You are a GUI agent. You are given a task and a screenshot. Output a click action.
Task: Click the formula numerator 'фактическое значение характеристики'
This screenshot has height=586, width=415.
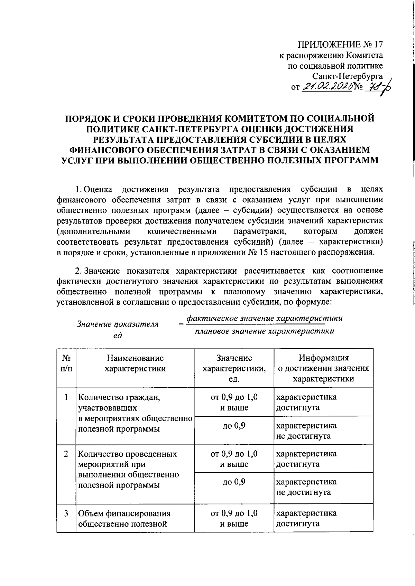tap(265, 318)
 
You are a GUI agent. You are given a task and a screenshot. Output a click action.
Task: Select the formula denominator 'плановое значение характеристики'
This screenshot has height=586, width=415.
tap(265, 331)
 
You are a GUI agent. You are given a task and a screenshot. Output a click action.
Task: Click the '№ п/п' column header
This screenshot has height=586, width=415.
tap(66, 363)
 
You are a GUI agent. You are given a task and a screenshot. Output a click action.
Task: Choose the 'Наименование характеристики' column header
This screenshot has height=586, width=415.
tap(135, 363)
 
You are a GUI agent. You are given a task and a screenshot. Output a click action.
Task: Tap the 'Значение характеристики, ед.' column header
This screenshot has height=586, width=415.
tap(234, 368)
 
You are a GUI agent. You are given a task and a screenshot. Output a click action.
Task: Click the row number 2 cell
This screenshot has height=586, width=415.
tap(66, 454)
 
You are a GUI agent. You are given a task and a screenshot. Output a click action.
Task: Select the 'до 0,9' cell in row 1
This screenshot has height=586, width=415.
tap(234, 426)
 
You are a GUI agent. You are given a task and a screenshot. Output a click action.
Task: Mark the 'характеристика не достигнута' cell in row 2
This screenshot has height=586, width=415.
tap(306, 487)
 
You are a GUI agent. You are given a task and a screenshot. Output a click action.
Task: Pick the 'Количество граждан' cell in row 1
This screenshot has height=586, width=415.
tap(135, 413)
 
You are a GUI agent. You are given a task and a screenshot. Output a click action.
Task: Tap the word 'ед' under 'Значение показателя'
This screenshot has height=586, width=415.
tap(118, 335)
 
